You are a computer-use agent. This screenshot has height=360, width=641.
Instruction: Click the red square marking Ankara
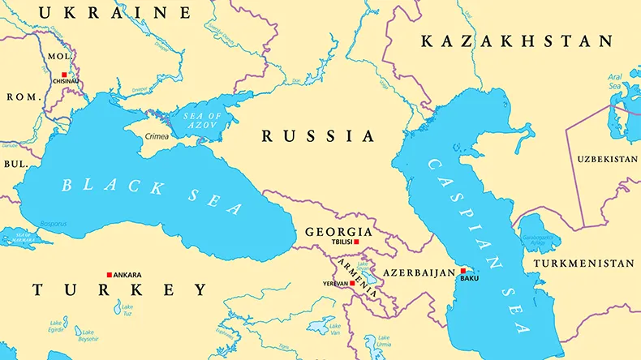(x=110, y=275)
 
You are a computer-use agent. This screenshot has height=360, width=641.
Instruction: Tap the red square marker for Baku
(x=462, y=271)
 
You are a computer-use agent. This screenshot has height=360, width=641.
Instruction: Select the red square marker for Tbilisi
(x=355, y=242)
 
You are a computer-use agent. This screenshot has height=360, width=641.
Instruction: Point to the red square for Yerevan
(x=352, y=283)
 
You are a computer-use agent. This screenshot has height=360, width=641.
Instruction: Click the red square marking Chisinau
(x=64, y=74)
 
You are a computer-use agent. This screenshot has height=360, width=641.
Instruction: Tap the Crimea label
(x=157, y=136)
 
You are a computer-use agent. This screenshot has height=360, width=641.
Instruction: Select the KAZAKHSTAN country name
(x=516, y=41)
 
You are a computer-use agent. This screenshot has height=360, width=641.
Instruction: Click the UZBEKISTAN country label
(x=608, y=159)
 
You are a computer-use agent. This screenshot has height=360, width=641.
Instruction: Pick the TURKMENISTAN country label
(x=583, y=264)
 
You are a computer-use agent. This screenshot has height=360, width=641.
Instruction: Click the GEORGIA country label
(x=339, y=232)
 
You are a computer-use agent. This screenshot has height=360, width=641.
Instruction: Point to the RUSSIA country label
(x=318, y=136)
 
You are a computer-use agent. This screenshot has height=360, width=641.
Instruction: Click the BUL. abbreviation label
(x=15, y=163)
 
